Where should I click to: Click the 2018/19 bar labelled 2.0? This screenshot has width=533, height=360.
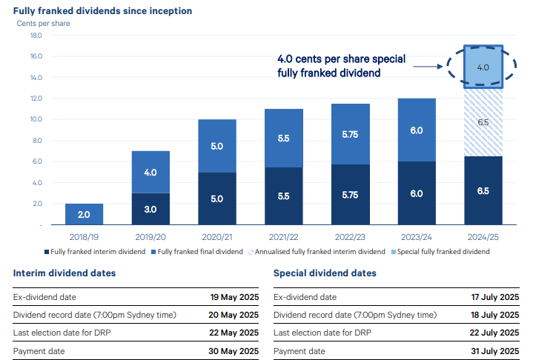tap(84, 214)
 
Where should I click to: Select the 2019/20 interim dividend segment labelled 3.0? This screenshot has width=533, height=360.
tap(150, 209)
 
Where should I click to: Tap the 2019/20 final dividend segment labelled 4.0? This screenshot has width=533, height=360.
tap(150, 172)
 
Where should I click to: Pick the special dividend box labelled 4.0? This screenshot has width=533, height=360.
tap(483, 67)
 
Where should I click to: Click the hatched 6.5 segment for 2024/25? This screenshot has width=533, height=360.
tap(483, 122)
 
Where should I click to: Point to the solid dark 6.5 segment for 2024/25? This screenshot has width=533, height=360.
tap(483, 190)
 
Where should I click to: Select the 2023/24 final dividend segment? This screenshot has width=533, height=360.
tap(416, 130)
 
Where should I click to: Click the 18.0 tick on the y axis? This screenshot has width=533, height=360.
tap(36, 36)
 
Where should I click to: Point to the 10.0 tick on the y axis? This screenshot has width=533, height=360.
tap(36, 119)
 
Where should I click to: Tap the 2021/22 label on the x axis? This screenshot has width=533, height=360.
tap(283, 237)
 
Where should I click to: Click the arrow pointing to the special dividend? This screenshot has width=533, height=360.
tap(428, 67)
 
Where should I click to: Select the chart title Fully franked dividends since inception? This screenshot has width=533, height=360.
tap(102, 11)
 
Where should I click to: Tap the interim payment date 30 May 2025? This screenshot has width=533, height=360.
tap(234, 351)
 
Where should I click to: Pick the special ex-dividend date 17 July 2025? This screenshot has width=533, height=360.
tap(494, 297)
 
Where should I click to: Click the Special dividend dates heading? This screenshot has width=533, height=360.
tap(325, 273)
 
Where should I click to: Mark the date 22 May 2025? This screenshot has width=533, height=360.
tap(234, 333)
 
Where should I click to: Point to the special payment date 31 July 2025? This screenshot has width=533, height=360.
tap(494, 351)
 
